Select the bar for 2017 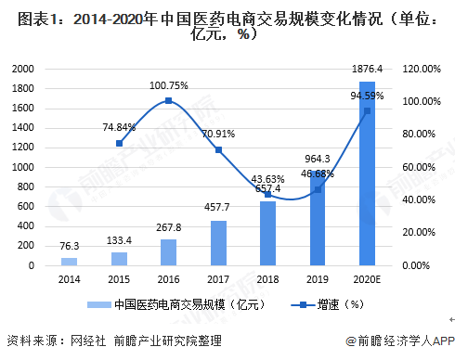[218, 243]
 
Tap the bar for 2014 [70, 262]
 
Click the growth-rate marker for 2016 [168, 100]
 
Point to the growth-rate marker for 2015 [119, 143]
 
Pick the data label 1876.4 [368, 71]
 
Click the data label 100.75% [168, 85]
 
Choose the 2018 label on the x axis [267, 278]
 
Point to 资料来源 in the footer [28, 340]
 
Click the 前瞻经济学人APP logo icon [349, 341]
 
